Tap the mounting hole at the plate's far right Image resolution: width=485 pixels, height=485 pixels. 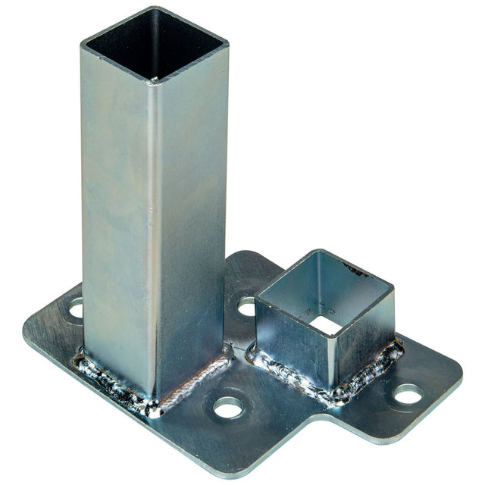(x=407, y=394)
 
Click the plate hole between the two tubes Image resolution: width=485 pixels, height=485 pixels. (x=246, y=306)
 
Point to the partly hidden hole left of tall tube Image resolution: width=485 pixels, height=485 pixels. (x=76, y=308)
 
